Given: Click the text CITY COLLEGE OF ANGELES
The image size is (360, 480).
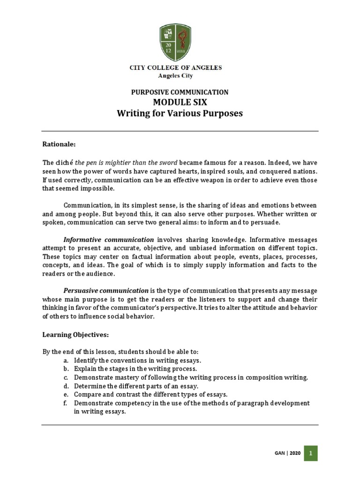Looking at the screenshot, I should [176, 68].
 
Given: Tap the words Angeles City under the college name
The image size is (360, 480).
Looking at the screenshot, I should [176, 75].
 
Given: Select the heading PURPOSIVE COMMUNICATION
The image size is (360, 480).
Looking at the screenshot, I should [180, 92].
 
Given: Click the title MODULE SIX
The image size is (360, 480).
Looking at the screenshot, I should [180, 103].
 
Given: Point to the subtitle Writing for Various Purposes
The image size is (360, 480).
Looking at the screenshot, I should [180, 114].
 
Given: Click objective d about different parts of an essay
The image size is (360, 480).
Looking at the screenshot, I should [136, 386].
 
